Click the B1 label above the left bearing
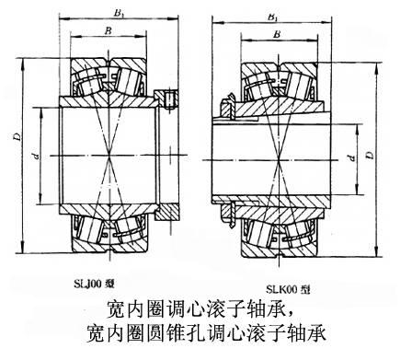[119, 13]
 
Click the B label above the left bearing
[109, 30]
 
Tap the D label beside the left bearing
[18, 136]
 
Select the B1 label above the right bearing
[272, 17]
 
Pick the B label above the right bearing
[277, 34]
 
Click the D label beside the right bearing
[371, 155]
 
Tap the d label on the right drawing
[351, 158]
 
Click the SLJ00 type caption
[95, 284]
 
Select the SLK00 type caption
[288, 289]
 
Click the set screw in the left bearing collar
[169, 99]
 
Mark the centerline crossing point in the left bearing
[109, 156]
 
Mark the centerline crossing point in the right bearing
[279, 160]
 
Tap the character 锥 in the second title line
[177, 333]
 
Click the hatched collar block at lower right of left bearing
[166, 212]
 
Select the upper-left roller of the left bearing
[89, 81]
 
